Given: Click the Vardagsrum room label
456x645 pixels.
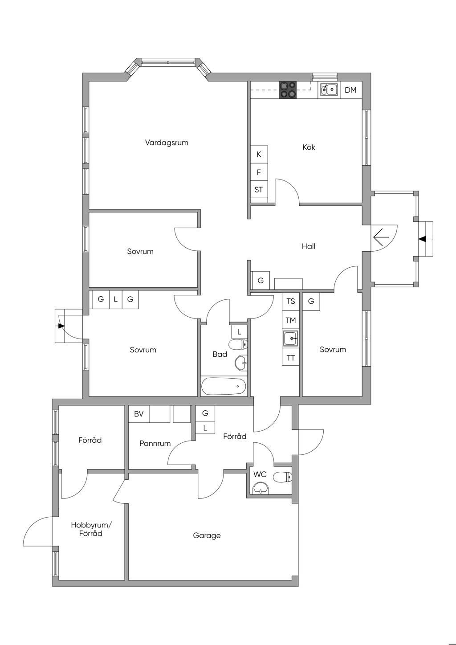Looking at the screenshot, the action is pos(167,143).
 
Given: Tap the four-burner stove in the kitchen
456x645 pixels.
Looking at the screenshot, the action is pos(287,90).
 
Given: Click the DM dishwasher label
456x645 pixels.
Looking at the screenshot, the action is pos(350,90).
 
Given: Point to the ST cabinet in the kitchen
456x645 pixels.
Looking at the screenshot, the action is pos(259,190).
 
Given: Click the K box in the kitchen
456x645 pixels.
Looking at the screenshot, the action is pos(259,154).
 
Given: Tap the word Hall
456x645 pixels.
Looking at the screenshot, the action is pos(308,246).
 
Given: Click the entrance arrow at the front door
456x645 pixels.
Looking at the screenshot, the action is pos(381,237).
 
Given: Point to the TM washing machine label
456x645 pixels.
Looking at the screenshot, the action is pos(291,320).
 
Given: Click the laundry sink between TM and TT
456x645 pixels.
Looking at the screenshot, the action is pos(291,339).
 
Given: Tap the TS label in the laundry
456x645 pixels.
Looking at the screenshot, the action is pos(291,301).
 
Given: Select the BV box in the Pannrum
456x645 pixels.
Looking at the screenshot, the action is pos(139,414).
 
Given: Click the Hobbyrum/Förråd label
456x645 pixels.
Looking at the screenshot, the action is pos(91,529).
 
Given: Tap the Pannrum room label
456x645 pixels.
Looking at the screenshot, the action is pos(155,444).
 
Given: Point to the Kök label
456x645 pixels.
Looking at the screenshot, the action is pos(309,147).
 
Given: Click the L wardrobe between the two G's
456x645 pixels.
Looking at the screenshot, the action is pos(116,299).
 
